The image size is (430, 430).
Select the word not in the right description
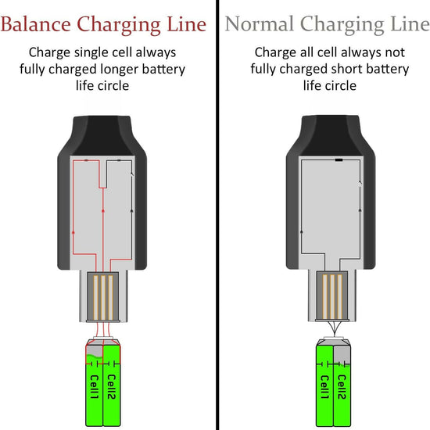tap(394, 53)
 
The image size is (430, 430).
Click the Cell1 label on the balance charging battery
tap(92, 389)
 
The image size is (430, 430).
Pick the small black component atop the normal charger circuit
tap(339, 160)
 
